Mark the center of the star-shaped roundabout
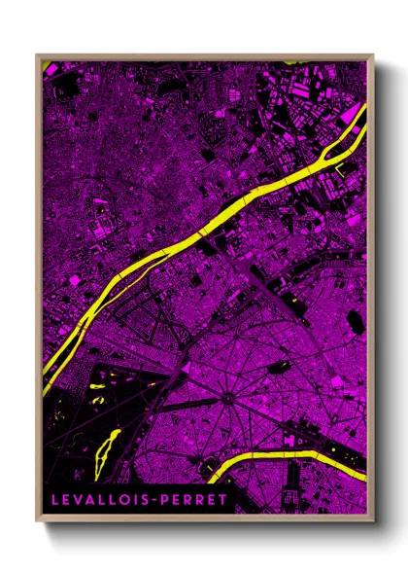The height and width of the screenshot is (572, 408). (x=226, y=397)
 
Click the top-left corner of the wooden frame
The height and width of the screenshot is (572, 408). (x=37, y=55)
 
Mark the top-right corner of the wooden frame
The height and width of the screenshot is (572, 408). (x=373, y=55)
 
